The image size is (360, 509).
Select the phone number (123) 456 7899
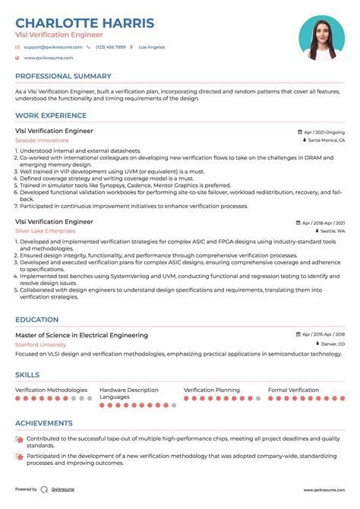110,47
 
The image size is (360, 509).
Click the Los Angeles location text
152,47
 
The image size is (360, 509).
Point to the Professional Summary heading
64,76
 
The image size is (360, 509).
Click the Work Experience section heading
51,115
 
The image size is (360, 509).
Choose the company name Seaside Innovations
42,141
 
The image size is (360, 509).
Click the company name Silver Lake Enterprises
46,231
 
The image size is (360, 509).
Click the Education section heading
36,320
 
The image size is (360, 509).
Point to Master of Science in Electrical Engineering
81,335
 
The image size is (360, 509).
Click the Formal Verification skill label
293,390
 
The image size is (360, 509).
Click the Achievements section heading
44,423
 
